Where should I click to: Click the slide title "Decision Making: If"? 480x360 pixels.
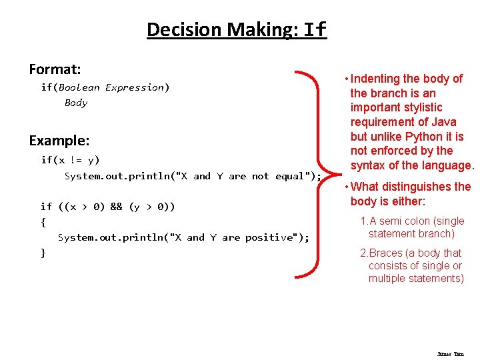click(x=237, y=30)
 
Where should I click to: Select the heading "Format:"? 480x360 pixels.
click(x=55, y=69)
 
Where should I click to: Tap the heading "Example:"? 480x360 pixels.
click(x=59, y=141)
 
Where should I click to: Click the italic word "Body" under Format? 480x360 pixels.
click(x=75, y=103)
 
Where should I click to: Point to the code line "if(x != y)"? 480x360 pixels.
click(x=70, y=160)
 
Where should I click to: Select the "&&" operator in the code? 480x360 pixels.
click(x=116, y=207)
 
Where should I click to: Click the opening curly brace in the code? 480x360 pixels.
click(x=43, y=222)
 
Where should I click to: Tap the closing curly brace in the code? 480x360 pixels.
click(x=43, y=253)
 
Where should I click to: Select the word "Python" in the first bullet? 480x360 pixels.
click(x=423, y=137)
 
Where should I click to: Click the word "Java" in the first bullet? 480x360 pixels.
click(x=443, y=122)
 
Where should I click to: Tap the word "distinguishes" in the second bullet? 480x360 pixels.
click(x=419, y=187)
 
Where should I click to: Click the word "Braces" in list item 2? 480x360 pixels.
click(x=385, y=253)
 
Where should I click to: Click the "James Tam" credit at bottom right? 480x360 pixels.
click(x=450, y=354)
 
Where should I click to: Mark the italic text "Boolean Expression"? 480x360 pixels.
click(x=111, y=87)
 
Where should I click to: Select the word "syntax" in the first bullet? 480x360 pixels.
click(x=368, y=166)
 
